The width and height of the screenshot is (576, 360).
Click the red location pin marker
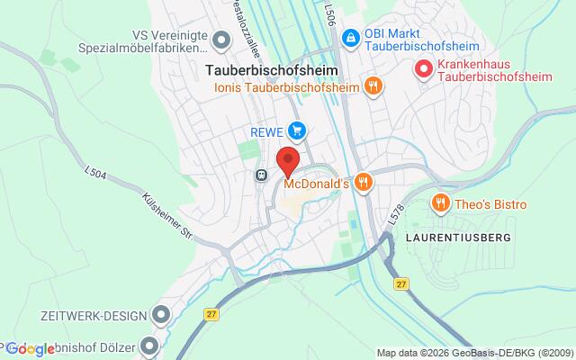tap(287, 159)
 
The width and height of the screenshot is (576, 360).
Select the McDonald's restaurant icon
tap(363, 182)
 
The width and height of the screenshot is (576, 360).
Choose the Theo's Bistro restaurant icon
tap(440, 202)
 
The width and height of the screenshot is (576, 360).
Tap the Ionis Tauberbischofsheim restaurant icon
tap(373, 86)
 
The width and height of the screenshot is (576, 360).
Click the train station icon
tap(262, 175)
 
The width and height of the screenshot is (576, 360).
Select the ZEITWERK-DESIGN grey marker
tap(161, 315)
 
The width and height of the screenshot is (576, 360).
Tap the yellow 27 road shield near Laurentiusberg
tap(402, 283)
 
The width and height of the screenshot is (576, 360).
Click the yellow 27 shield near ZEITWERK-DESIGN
tap(211, 314)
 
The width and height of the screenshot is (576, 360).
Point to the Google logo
tap(31, 349)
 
